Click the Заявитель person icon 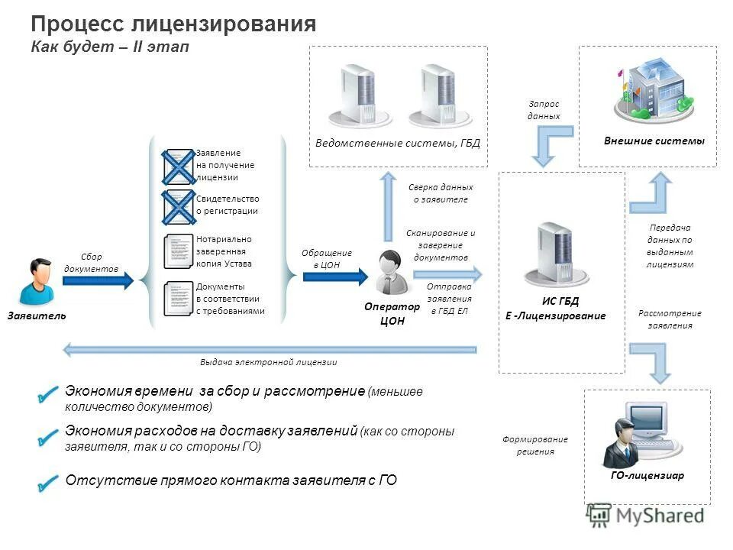pos(36,282)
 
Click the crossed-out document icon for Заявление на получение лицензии pos(178,166)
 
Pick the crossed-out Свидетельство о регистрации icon pos(178,206)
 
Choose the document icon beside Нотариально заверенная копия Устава pos(178,251)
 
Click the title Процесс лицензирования pos(173,24)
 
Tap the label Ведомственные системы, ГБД pos(398,143)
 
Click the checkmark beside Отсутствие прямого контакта pos(47,482)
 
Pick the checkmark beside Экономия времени pos(47,395)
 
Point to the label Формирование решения pos(534,445)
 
